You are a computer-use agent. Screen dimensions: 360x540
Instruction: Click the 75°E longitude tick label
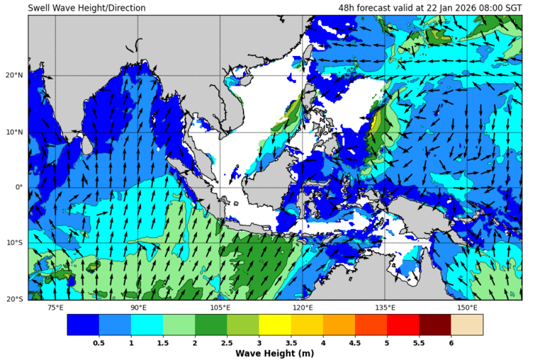[x=55, y=308]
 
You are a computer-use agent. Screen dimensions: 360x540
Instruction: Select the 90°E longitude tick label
[x=138, y=308]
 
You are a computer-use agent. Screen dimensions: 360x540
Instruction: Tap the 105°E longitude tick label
[x=220, y=308]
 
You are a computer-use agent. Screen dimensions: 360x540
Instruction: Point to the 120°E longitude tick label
[x=303, y=308]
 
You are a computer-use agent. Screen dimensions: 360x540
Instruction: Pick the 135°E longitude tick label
[x=385, y=308]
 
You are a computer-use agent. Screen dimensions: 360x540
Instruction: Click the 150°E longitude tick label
[x=467, y=308]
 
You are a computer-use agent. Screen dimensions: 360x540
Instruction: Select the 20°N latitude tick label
[x=15, y=75]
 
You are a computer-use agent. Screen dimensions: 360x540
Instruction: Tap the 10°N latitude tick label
[x=15, y=132]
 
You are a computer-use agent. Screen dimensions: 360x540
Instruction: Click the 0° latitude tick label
[x=19, y=188]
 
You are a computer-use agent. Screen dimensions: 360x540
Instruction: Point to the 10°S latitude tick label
[x=15, y=243]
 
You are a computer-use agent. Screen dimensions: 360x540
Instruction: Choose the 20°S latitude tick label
[x=15, y=299]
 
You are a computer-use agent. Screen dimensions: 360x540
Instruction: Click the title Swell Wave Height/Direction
[x=86, y=8]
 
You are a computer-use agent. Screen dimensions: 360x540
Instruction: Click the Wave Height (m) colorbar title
[x=274, y=353]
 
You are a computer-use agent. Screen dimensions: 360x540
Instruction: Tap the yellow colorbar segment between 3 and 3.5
[x=274, y=325]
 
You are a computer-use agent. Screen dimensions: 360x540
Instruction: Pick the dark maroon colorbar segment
[x=434, y=325]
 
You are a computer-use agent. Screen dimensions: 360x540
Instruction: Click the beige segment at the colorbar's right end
[x=466, y=325]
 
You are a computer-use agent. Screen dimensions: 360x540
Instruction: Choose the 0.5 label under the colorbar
[x=99, y=342]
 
